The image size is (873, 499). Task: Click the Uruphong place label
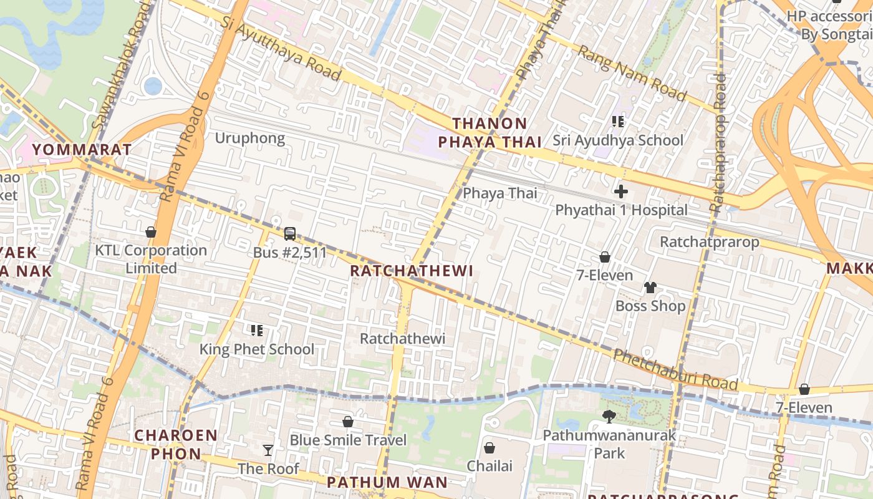[x=249, y=138]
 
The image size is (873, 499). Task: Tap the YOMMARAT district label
[x=82, y=150]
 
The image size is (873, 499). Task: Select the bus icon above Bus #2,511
[x=290, y=234]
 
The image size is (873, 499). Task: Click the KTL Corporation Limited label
[x=151, y=259]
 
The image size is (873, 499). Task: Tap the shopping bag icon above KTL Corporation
[x=150, y=232]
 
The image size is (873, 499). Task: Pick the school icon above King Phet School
[x=256, y=330]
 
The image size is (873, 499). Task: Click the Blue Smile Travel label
[x=348, y=440]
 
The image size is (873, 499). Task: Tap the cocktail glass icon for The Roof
[x=268, y=450]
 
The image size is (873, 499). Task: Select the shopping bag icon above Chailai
[x=490, y=447]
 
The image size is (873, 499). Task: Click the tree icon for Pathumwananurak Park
[x=609, y=416]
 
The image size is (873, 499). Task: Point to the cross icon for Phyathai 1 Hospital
[x=620, y=191]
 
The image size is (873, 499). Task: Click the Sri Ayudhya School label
[x=618, y=140]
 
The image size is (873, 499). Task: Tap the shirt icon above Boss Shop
[x=650, y=288]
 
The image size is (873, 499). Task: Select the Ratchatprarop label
[x=710, y=241]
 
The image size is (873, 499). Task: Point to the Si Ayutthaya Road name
[x=281, y=49]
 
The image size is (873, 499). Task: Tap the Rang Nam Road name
[x=632, y=72]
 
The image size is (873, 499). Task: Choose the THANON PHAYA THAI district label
[x=490, y=133]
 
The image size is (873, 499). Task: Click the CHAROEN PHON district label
[x=176, y=444]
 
